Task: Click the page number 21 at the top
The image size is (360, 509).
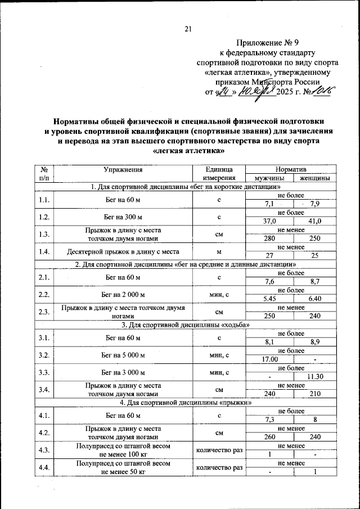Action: coord(188,29)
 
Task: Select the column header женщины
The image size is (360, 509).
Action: coord(314,178)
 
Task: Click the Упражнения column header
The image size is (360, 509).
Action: coord(122,169)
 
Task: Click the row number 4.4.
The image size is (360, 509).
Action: coord(44,467)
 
